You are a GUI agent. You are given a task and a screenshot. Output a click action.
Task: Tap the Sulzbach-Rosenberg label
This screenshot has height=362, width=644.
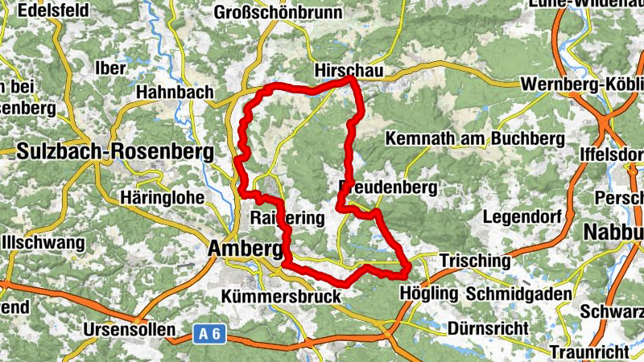(x=115, y=150)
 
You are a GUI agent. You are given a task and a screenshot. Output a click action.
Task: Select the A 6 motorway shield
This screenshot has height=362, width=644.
(x=208, y=334)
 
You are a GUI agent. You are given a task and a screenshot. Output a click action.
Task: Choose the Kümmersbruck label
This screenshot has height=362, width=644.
(x=281, y=298)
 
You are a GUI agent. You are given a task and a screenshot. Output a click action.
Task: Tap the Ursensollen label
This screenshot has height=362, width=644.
(x=129, y=330)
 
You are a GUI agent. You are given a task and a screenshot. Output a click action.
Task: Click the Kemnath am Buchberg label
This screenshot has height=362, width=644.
(x=475, y=138)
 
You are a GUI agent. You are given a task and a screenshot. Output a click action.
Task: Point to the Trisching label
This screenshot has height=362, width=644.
(x=475, y=261)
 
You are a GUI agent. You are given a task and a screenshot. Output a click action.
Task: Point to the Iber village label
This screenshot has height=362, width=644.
(x=110, y=68)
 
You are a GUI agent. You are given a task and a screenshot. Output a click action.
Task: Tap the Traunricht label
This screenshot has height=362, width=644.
(x=589, y=352)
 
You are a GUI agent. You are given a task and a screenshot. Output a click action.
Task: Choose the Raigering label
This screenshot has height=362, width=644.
(x=287, y=218)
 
